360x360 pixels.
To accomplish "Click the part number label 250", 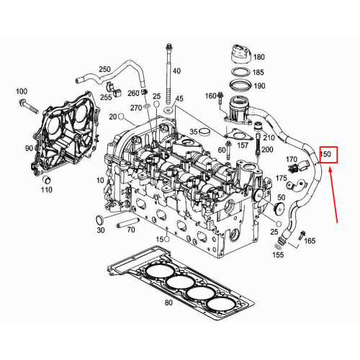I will [104, 69].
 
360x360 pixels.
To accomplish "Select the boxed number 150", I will [326, 154].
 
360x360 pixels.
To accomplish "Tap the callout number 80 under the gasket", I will [168, 303].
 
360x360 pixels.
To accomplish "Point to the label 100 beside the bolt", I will [21, 91].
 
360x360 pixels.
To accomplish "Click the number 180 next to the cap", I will [259, 56].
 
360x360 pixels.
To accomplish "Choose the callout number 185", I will [259, 72].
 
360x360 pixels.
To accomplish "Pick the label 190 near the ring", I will [259, 86].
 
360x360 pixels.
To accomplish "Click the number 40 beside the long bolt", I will [177, 71].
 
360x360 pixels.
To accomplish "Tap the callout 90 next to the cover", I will [30, 148].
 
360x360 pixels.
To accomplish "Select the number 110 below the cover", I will [47, 190].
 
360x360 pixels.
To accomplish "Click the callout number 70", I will [130, 230].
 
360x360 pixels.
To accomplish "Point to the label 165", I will [310, 241].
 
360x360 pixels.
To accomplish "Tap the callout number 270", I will [136, 107].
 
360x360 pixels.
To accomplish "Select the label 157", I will [243, 145].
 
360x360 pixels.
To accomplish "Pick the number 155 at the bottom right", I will [278, 256].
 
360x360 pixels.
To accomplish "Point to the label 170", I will [292, 159].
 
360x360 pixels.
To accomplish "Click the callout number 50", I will [282, 197].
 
